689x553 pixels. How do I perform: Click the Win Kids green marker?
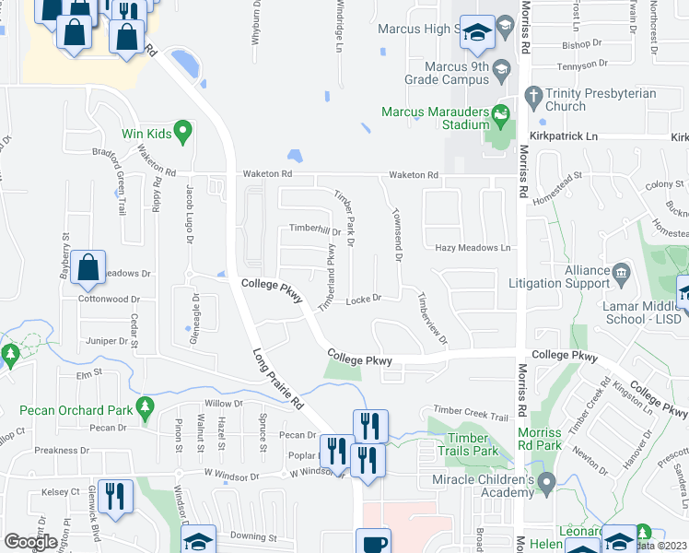(181, 132)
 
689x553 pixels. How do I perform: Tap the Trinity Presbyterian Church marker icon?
(532, 94)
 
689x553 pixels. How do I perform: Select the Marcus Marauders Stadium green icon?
(500, 117)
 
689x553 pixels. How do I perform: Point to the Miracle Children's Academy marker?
(546, 481)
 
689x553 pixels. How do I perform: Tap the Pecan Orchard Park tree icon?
(143, 406)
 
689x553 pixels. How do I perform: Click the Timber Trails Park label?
(473, 444)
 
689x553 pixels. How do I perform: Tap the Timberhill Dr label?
(316, 229)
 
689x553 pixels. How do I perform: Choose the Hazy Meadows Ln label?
(473, 248)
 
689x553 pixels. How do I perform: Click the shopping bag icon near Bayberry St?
(88, 268)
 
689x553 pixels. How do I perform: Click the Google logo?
(30, 542)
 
